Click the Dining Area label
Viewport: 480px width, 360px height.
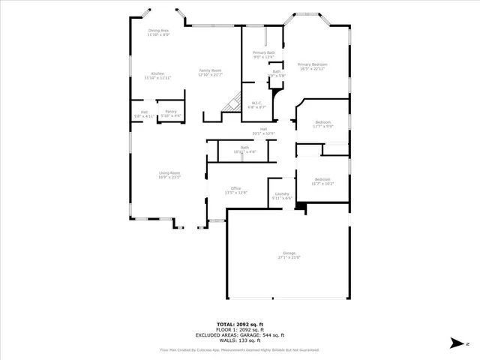pyautogui.click(x=158, y=32)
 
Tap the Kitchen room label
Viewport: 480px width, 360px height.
pyautogui.click(x=158, y=75)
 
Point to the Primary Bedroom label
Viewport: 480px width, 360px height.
pyautogui.click(x=312, y=67)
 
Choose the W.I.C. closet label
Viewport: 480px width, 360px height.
pyautogui.click(x=256, y=105)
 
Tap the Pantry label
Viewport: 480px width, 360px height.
pyautogui.click(x=172, y=113)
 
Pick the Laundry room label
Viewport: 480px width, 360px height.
pyautogui.click(x=282, y=196)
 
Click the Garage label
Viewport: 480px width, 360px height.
pyautogui.click(x=289, y=254)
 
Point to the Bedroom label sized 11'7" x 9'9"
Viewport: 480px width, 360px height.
pyautogui.click(x=323, y=124)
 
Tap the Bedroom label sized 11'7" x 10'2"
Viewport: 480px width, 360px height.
pyautogui.click(x=323, y=181)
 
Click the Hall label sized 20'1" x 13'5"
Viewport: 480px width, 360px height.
pyautogui.click(x=264, y=131)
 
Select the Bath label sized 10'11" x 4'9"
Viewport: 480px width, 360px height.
pyautogui.click(x=244, y=149)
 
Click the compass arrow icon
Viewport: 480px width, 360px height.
pyautogui.click(x=456, y=343)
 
